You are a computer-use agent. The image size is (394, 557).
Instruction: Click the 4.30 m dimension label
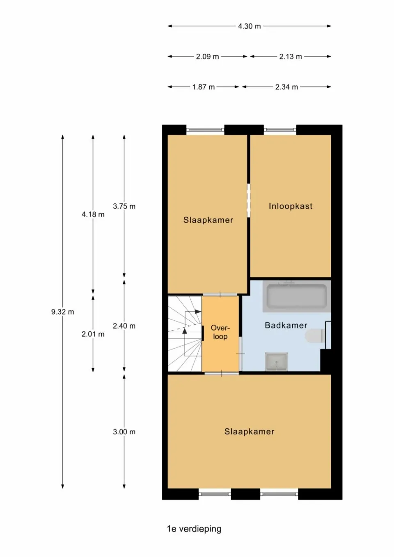coord(249,26)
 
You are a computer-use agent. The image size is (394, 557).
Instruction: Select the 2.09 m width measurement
coord(207,57)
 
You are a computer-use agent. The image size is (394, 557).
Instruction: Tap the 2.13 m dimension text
coord(291,57)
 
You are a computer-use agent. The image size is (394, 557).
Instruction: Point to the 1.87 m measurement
coord(204,87)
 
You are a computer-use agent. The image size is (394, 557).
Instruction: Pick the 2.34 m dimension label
coord(286,87)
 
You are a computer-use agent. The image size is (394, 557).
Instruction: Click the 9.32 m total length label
coord(63,312)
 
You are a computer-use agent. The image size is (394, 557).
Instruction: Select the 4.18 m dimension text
coord(93,214)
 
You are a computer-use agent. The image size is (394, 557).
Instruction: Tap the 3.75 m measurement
coord(124,206)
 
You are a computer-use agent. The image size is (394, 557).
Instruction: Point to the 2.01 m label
coord(93,334)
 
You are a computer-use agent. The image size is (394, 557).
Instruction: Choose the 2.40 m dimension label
coord(124,326)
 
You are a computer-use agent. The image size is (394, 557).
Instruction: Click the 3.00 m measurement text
coord(124,431)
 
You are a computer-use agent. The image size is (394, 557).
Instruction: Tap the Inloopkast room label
coord(291,206)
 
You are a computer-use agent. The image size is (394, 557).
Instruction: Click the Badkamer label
coord(286,325)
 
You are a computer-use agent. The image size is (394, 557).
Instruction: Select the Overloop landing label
coord(220,332)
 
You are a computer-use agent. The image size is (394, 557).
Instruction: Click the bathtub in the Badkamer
coord(297,296)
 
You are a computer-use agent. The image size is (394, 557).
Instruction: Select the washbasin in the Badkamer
coord(276,362)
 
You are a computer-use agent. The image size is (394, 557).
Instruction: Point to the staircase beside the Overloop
coord(185,333)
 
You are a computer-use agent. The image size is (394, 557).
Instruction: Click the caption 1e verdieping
coord(194,529)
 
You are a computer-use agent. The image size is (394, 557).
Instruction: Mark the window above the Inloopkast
coord(280,130)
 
